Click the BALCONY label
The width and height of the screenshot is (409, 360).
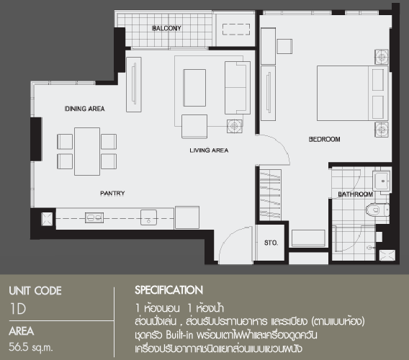pyautogui.click(x=166, y=28)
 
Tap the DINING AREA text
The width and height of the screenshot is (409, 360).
pyautogui.click(x=84, y=109)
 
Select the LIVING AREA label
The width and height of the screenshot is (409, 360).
pyautogui.click(x=209, y=150)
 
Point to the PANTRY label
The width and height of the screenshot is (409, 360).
pyautogui.click(x=112, y=193)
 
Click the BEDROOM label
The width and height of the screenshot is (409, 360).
pyautogui.click(x=324, y=139)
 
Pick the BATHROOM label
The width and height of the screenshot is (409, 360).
pyautogui.click(x=355, y=194)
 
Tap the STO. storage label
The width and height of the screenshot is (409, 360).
pyautogui.click(x=271, y=243)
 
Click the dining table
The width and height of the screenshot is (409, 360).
pyautogui.click(x=87, y=151)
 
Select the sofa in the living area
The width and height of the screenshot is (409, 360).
pyautogui.click(x=238, y=88)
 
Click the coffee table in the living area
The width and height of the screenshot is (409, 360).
pyautogui.click(x=194, y=88)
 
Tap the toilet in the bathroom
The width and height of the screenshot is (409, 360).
pyautogui.click(x=377, y=210)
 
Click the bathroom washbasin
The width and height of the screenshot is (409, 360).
pyautogui.click(x=382, y=181)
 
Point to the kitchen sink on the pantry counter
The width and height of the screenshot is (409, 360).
pyautogui.click(x=148, y=217)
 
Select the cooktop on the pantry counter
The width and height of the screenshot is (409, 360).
pyautogui.click(x=94, y=217)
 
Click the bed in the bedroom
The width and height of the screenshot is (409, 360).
pyautogui.click(x=353, y=94)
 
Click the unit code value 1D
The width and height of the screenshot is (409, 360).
pyautogui.click(x=18, y=309)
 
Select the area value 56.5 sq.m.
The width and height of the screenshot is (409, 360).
pyautogui.click(x=31, y=347)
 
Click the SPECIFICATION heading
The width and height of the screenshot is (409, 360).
pyautogui.click(x=168, y=290)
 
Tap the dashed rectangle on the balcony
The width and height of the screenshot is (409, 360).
pyautogui.click(x=236, y=30)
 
